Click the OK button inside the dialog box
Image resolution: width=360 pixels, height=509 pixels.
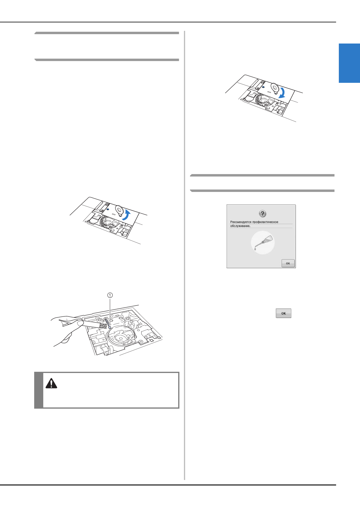[288, 263]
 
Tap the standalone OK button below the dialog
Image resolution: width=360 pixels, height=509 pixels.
[283, 313]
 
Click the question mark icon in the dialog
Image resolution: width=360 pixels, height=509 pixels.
[263, 214]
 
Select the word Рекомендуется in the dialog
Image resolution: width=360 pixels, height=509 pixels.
[241, 222]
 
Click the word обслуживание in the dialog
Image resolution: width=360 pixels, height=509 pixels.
[240, 226]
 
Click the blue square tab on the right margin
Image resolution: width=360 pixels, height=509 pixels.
[349, 63]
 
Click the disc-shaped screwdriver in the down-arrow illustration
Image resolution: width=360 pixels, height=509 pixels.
[274, 88]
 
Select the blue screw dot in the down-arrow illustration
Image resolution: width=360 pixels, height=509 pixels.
[263, 87]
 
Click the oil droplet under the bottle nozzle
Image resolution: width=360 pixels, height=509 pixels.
[255, 249]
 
